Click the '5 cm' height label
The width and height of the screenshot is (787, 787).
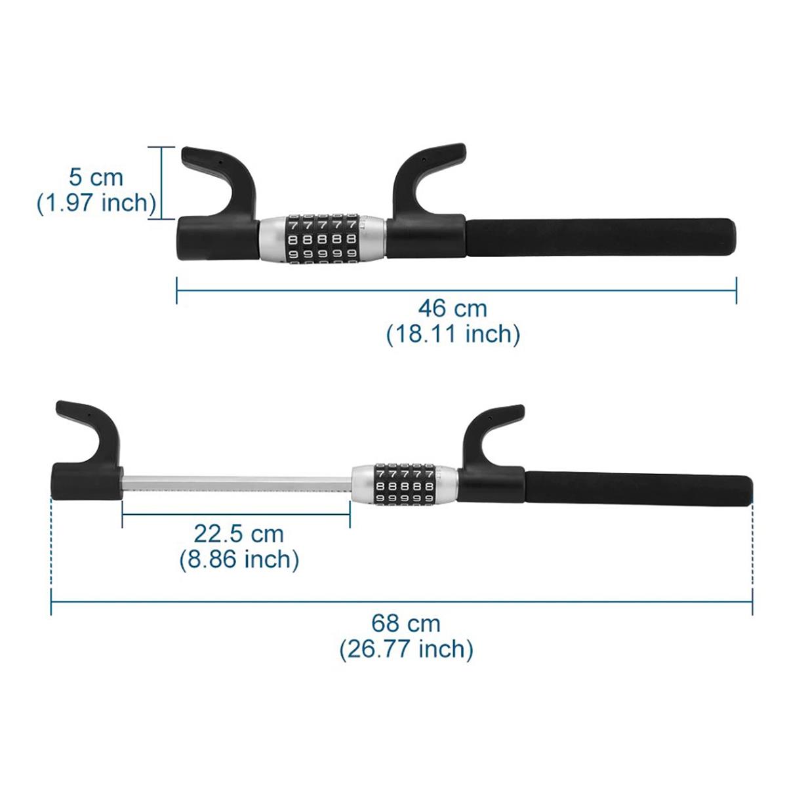coord(96,177)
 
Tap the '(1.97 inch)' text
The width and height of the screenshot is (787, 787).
coord(96,203)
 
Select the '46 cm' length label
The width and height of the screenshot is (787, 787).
coord(453,307)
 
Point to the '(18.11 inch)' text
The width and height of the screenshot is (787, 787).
coord(453,334)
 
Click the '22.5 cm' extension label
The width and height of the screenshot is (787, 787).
coord(239,533)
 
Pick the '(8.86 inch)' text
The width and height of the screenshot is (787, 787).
coord(239,559)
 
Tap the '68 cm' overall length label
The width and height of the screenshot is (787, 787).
coord(406,622)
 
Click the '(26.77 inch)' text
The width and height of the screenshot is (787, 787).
coord(406,649)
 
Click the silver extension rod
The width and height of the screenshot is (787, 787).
coord(236,486)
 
